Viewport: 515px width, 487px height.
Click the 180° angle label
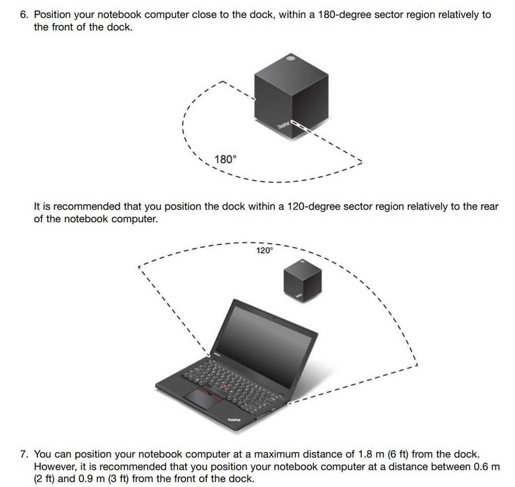pyautogui.click(x=225, y=160)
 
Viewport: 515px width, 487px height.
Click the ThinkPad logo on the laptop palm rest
pyautogui.click(x=235, y=419)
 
